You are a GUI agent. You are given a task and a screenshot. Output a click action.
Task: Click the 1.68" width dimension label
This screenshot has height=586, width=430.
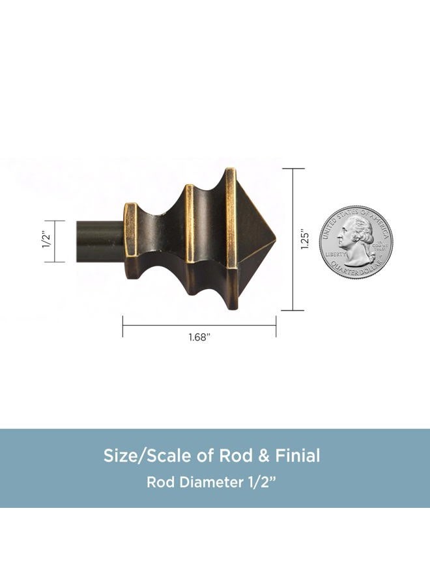point(199,337)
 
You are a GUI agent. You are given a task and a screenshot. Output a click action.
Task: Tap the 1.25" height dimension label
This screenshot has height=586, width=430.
point(305,239)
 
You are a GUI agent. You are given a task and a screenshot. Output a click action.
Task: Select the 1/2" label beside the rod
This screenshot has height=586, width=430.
point(46,241)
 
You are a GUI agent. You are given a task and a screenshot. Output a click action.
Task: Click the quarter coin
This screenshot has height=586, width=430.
point(356,242)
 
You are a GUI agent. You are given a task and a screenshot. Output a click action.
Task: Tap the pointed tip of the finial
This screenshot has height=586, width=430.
point(276,238)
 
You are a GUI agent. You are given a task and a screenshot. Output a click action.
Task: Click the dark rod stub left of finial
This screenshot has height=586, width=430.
point(100,242)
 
